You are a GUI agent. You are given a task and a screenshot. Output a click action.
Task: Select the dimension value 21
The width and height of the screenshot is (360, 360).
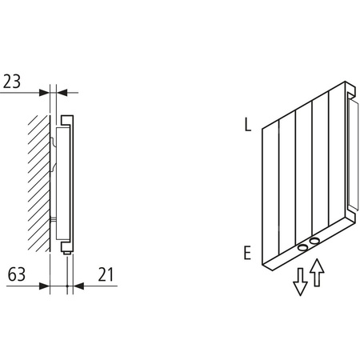pos(105,274)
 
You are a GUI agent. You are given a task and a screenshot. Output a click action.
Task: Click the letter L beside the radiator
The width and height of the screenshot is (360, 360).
pos(248,125)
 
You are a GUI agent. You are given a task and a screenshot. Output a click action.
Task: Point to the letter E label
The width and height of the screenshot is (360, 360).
pos(248,254)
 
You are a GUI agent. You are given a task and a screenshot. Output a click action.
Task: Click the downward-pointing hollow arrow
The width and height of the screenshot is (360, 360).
pos(300,280)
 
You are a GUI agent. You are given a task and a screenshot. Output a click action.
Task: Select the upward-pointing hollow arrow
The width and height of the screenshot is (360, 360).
pos(318,272)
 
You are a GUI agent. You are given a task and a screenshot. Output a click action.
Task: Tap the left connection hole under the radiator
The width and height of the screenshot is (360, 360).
pos(302,248)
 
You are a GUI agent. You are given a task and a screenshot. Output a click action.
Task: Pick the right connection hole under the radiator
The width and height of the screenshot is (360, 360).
pos(316,241)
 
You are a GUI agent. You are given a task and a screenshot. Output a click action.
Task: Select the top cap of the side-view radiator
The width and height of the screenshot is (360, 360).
pos(66,119)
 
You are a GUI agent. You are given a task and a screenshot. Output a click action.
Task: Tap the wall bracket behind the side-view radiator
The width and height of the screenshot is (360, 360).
pos(53,160)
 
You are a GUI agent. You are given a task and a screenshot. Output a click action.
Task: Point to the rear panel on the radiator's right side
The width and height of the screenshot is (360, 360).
pos(352,152)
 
